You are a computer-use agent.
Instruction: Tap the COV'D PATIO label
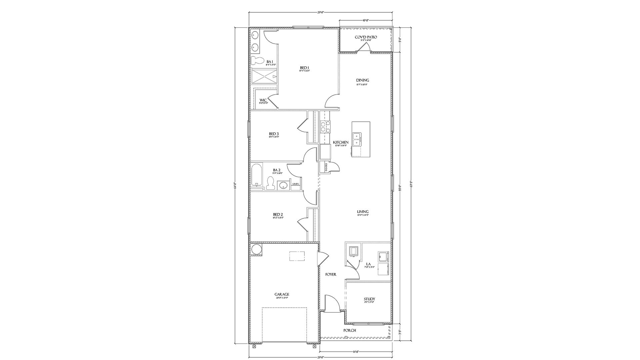tap(366, 37)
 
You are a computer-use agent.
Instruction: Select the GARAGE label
tap(282, 294)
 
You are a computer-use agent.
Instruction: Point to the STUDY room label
tap(369, 299)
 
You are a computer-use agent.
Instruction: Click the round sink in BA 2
tap(284, 185)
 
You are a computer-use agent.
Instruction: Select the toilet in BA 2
tap(270, 183)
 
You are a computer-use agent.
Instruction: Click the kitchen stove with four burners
tap(325, 127)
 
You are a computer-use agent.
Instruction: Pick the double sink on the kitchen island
tap(357, 139)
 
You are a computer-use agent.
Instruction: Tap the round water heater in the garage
tap(257, 249)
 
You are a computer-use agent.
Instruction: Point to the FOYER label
tap(331, 274)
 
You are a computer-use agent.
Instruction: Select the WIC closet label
tap(263, 100)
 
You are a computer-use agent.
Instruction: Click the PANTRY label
tap(326, 167)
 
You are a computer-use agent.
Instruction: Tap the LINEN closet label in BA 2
tap(296, 184)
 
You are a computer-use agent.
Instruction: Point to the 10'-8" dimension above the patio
tap(366, 21)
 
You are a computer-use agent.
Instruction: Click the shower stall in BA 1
tap(264, 77)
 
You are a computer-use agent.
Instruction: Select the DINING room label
tap(363, 80)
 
